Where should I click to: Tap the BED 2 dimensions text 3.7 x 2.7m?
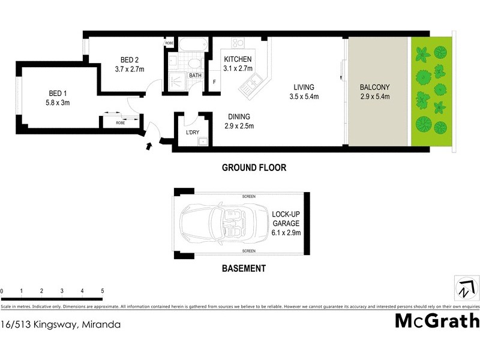[x=130, y=69]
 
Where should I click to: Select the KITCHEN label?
[x=238, y=59]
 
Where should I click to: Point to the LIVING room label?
[x=304, y=86]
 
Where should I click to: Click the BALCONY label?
[x=375, y=86]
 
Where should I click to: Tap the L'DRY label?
[x=193, y=132]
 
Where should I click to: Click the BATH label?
[x=196, y=76]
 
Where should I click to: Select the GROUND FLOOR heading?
[x=254, y=168]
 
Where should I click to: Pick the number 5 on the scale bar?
[x=103, y=291]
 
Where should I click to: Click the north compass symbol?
[x=465, y=287]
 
